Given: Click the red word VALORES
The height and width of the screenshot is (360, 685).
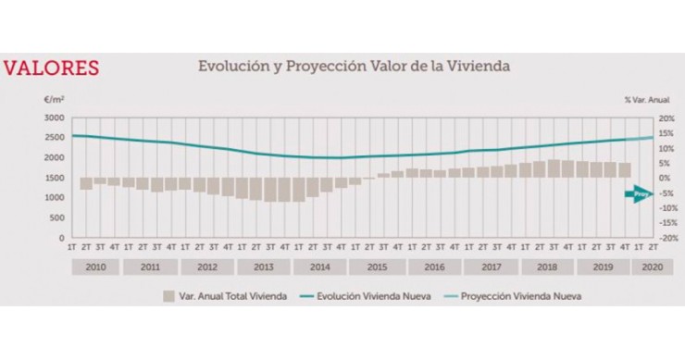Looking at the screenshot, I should tap(52, 68).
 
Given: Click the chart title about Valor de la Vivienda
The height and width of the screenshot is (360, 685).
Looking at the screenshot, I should tap(354, 67).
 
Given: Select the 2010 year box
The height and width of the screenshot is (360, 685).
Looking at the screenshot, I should tap(93, 267).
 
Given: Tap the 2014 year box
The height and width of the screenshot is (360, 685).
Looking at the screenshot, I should tap(319, 267).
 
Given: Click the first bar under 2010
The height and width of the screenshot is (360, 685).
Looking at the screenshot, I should tap(86, 183).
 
